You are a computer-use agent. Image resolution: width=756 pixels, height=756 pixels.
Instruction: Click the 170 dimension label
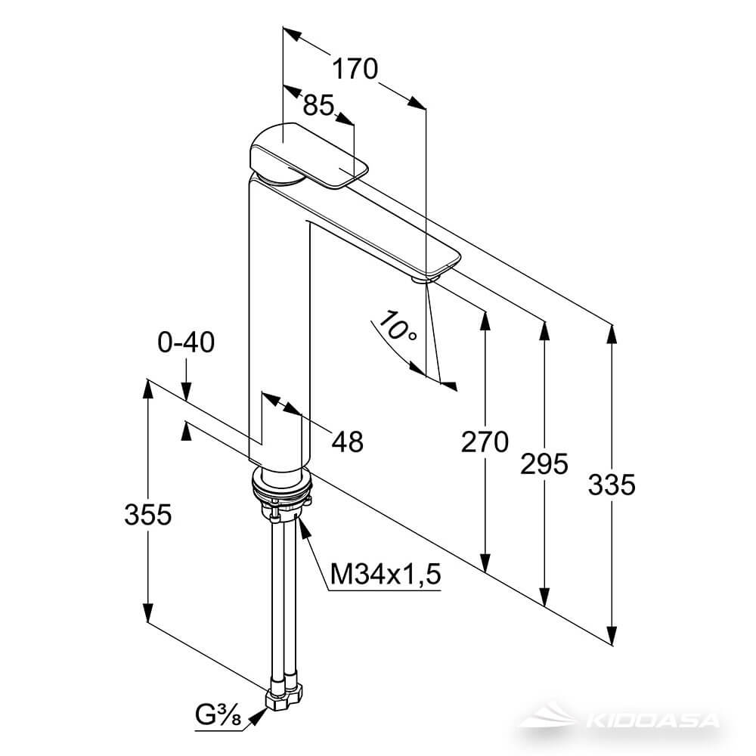355,69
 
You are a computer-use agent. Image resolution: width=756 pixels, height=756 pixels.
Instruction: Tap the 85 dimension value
318,104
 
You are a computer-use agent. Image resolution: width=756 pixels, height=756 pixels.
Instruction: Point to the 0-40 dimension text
186,342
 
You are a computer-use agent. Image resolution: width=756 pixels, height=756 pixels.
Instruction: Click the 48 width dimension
347,442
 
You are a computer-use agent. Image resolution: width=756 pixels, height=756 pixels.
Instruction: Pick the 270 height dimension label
485,442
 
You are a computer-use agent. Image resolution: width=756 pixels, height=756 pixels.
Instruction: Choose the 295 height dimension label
544,464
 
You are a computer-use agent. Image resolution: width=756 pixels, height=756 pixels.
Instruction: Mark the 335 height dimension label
612,485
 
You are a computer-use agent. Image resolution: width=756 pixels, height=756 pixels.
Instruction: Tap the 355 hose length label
148,514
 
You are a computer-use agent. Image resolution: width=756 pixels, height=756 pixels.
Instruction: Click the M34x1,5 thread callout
386,575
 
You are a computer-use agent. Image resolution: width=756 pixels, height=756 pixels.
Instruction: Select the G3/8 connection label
218,714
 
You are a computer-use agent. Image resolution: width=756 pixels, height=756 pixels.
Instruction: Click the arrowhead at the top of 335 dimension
612,335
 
